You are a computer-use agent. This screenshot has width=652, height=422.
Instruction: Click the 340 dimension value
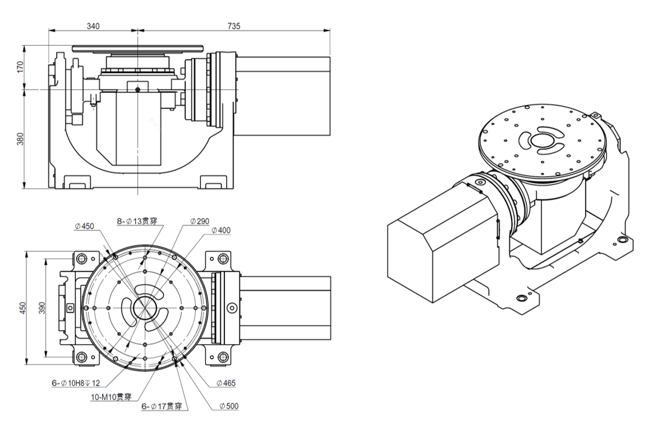coord(93,26)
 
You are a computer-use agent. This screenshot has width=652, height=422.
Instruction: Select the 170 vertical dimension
coord(21,67)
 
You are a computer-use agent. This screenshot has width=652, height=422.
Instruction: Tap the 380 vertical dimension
coord(21,139)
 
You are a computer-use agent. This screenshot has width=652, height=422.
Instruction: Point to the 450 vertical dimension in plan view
coord(22,308)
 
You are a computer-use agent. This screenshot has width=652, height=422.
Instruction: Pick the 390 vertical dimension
coord(42,308)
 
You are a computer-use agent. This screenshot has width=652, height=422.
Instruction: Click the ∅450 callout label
coord(84,226)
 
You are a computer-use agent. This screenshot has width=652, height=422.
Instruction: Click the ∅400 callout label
coord(221,230)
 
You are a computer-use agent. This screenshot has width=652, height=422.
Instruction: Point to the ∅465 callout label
coord(226,383)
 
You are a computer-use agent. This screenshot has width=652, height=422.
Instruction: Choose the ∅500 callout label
coord(229,405)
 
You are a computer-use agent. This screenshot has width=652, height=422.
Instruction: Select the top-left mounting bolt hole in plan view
coord(81,259)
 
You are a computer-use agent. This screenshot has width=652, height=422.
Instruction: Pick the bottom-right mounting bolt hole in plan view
coord(223,356)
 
